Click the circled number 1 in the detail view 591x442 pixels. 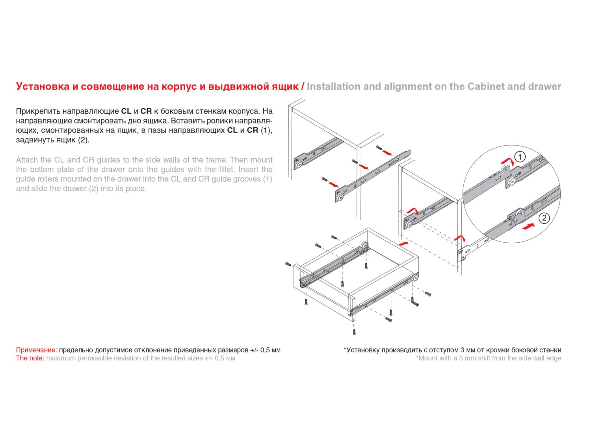(520, 157)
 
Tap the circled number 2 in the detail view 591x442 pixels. (544, 218)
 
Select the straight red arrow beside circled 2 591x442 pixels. (528, 227)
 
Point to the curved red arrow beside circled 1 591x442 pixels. (507, 161)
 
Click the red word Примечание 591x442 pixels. (36, 350)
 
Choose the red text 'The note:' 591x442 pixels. (30, 358)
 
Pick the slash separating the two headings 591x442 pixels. (303, 86)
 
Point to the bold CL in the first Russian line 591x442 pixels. (126, 111)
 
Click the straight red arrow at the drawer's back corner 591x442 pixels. (403, 243)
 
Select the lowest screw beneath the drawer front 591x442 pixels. (354, 331)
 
